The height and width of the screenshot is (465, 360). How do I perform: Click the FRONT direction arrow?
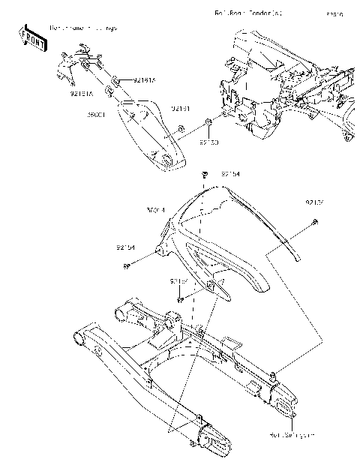33,37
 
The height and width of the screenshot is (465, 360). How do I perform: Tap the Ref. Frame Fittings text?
83,28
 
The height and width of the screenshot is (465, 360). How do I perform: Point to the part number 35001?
98,116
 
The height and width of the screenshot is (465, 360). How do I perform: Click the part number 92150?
209,141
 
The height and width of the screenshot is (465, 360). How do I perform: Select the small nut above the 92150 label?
211,121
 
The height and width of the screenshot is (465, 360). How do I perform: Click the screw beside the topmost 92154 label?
204,175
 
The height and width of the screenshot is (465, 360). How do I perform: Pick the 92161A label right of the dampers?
144,79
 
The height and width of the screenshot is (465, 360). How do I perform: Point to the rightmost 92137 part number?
315,202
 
